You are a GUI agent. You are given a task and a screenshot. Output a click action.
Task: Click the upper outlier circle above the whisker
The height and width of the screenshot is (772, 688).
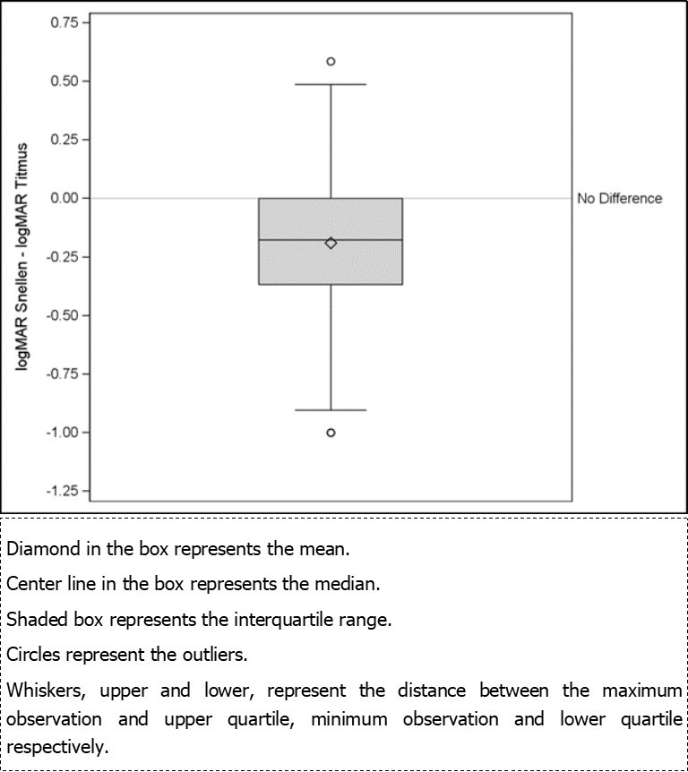point(331,62)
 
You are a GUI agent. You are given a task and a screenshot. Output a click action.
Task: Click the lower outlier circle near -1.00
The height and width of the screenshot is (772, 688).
point(331,433)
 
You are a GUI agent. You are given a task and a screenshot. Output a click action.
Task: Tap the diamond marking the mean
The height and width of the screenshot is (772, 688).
point(331,243)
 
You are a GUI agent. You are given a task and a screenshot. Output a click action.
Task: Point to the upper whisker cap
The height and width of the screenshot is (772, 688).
point(331,84)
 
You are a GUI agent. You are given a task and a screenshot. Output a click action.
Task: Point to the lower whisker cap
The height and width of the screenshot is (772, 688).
point(331,409)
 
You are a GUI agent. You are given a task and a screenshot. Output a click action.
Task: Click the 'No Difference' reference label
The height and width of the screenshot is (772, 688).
point(619,199)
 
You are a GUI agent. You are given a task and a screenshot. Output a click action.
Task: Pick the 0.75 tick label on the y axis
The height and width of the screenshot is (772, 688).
point(63,21)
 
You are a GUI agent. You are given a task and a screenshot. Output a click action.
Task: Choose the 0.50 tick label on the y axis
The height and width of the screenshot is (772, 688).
point(63,81)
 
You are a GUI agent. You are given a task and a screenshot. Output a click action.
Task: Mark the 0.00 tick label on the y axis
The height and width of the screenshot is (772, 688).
point(63,198)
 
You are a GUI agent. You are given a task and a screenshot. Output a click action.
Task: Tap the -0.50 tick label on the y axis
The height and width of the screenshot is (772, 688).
point(61,315)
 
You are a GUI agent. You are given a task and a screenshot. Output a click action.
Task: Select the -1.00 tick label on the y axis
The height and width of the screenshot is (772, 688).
point(61,433)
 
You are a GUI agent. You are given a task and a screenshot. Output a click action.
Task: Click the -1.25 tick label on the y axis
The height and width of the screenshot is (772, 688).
point(61,491)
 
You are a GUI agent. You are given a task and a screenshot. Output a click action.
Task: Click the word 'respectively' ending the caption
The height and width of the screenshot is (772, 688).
point(56,746)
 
